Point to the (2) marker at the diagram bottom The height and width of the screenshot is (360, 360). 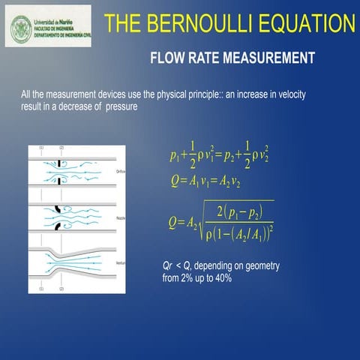(61, 288)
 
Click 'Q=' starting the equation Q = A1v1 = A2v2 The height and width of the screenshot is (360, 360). (177, 181)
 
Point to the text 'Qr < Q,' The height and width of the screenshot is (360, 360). (177, 267)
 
